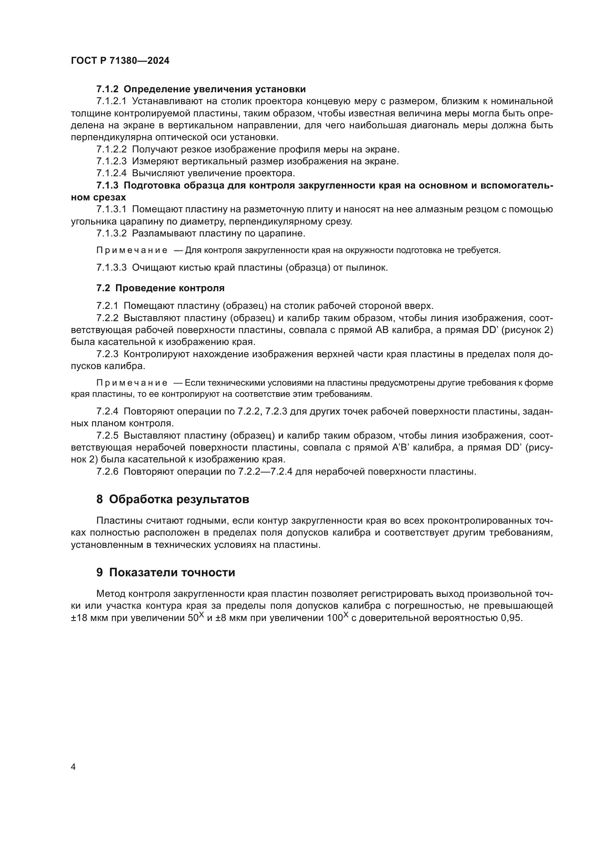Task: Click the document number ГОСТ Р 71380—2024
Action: pos(120,61)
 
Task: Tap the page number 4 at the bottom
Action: pos(73,767)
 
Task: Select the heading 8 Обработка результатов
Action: pos(173,499)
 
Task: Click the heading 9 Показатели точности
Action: pos(165,572)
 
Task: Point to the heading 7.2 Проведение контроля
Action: pos(160,288)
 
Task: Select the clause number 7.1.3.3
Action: pos(111,268)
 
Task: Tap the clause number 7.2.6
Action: pos(107,471)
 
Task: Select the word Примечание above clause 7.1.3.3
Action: pos(132,250)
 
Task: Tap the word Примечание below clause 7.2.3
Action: pos(132,383)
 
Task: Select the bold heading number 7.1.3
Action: pos(107,185)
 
